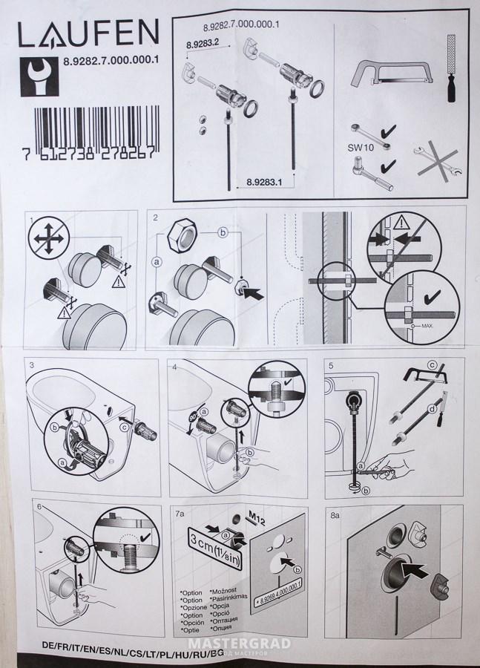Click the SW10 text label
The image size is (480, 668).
[x=359, y=147]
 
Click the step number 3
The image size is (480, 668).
[x=32, y=365]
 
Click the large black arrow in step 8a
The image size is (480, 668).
[x=412, y=570]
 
